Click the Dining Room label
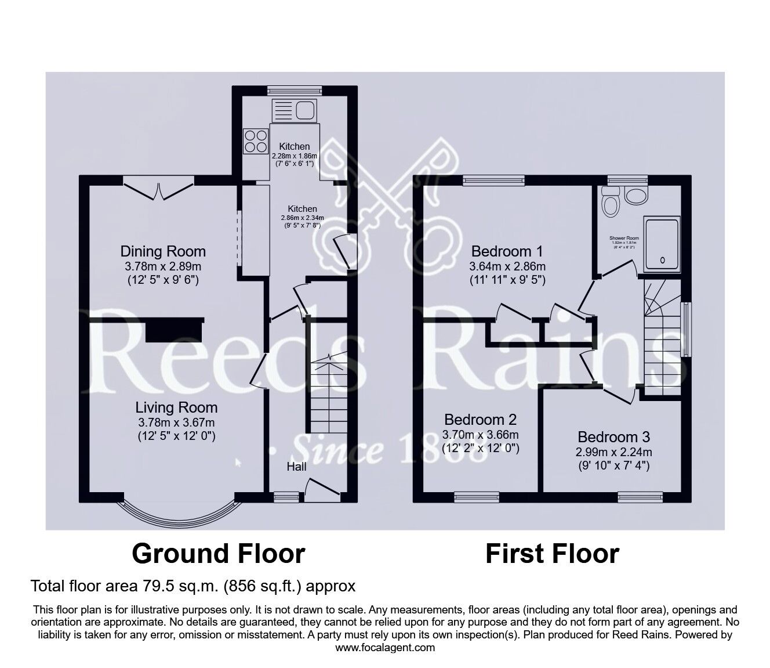pyautogui.click(x=163, y=251)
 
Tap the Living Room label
pyautogui.click(x=176, y=407)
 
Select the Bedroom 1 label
pyautogui.click(x=507, y=251)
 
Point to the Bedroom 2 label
pyautogui.click(x=480, y=419)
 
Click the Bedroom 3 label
pyautogui.click(x=613, y=436)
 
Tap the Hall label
pyautogui.click(x=296, y=467)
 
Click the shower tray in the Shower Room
pyautogui.click(x=663, y=244)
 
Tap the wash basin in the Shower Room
pyautogui.click(x=635, y=196)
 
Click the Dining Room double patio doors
pyautogui.click(x=158, y=187)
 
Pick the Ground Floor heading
pyautogui.click(x=218, y=554)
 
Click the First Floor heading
pyautogui.click(x=552, y=554)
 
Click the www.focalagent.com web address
pyautogui.click(x=385, y=647)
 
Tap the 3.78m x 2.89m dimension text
pyautogui.click(x=163, y=267)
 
